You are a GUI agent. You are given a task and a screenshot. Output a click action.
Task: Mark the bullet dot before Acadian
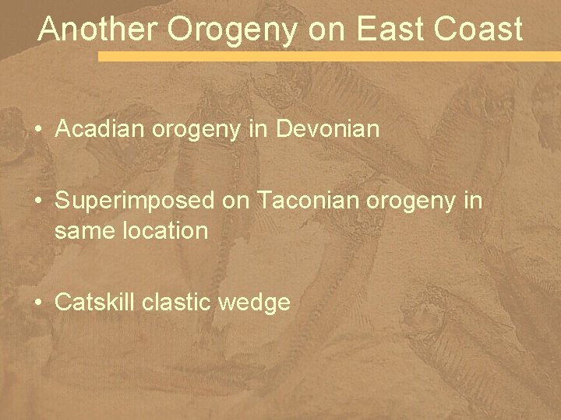point(37,129)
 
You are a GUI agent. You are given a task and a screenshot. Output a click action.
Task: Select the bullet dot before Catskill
point(37,303)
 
